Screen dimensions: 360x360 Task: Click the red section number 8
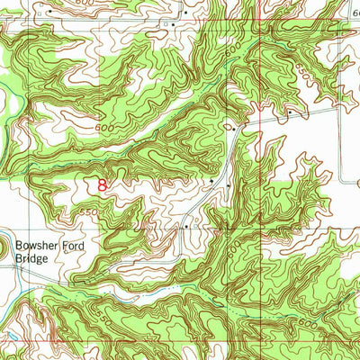[x=103, y=186]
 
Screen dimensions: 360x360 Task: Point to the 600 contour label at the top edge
[x=83, y=4]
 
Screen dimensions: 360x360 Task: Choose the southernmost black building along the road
[x=185, y=228]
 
